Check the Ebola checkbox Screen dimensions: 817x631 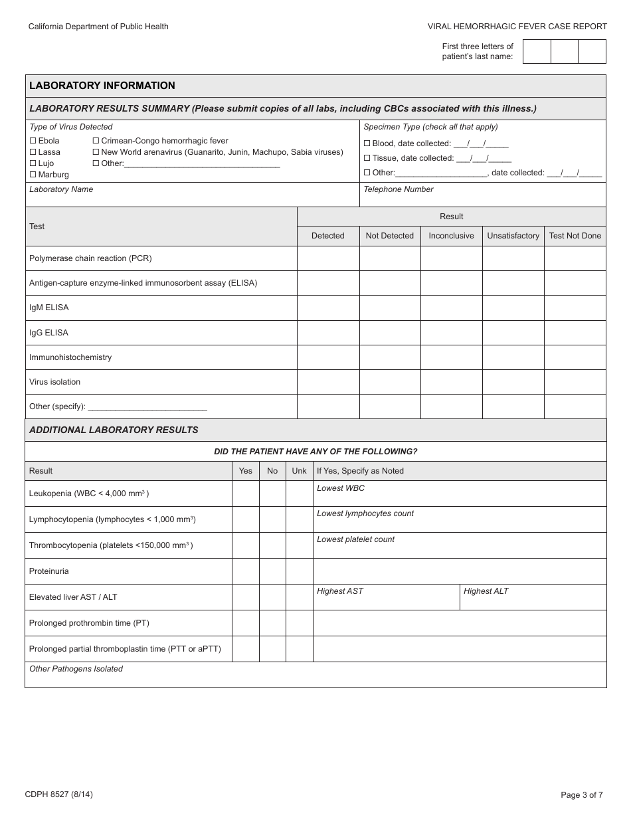tap(33, 141)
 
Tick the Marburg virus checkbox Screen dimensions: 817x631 tap(33, 175)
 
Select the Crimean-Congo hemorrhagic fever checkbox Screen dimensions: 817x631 tap(96, 141)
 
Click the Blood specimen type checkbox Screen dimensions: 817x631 tap(367, 143)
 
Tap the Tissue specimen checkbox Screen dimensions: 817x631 tap(367, 158)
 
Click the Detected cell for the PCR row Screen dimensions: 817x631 tap(328, 258)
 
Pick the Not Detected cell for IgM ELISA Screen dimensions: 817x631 tap(389, 308)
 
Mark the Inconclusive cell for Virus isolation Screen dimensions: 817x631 tap(451, 382)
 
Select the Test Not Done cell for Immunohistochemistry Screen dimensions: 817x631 tap(575, 357)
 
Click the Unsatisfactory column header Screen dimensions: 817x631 tap(513, 236)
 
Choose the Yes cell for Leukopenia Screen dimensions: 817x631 tap(245, 494)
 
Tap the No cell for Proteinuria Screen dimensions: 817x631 tap(272, 571)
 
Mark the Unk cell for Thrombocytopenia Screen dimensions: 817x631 tap(299, 545)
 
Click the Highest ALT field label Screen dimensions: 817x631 tap(486, 591)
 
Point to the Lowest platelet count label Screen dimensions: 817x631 tap(355, 539)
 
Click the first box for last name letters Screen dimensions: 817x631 tap(537, 52)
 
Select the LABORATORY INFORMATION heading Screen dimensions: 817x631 tap(102, 86)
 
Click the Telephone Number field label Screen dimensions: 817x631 tap(399, 189)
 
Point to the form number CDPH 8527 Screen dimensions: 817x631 tap(58, 794)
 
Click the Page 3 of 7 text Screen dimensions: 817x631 tap(582, 794)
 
